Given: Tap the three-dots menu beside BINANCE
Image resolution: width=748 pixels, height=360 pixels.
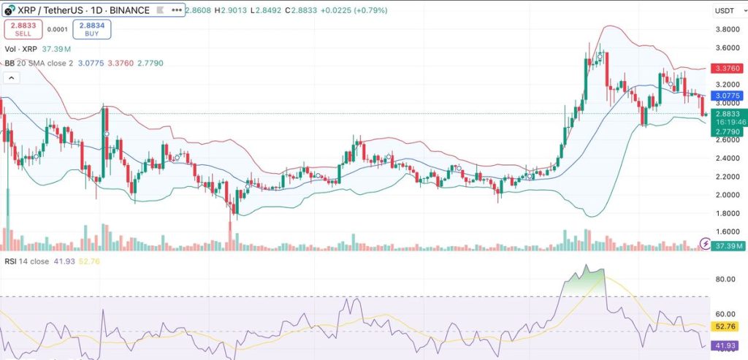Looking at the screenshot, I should [x=177, y=10].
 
